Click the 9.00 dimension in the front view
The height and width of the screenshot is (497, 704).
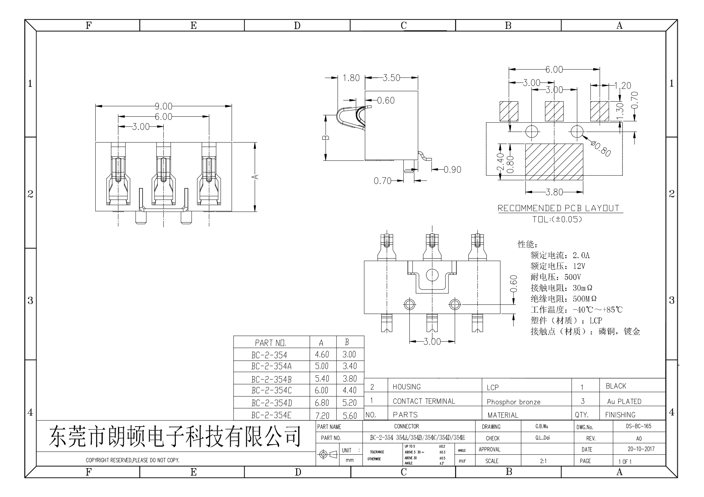point(163,106)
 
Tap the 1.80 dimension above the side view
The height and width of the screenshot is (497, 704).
point(351,78)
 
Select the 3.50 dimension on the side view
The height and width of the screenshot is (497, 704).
point(391,78)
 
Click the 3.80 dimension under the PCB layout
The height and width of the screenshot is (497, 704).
point(554,192)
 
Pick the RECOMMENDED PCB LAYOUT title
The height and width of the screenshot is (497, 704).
point(558,208)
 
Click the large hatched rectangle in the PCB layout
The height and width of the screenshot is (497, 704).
point(554,162)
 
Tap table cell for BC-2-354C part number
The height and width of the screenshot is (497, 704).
point(271,391)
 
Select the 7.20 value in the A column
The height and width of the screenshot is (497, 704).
point(322,416)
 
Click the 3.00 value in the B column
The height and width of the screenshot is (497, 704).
point(349,354)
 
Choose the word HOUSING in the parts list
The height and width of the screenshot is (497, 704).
point(407,387)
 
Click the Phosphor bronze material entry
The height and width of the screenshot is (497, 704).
point(513,402)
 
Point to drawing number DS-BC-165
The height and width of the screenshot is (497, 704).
point(638,426)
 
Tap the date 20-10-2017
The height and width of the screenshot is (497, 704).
point(641,449)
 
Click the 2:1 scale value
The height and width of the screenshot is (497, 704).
point(543,461)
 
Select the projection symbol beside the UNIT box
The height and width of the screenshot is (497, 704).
point(327,454)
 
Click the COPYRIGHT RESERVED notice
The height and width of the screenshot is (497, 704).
point(132,460)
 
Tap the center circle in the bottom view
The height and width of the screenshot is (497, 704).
point(432,275)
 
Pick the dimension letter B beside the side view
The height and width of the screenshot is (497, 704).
point(327,137)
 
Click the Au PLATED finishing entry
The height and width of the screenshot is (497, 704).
point(624,401)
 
